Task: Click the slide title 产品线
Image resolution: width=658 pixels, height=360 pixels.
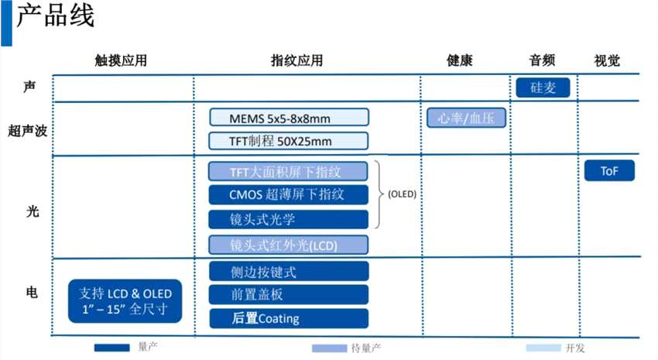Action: point(56,17)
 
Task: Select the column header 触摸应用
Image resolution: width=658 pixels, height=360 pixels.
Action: point(121,60)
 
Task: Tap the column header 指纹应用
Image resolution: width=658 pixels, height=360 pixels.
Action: point(297,60)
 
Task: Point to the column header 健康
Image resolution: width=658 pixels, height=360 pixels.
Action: point(459,60)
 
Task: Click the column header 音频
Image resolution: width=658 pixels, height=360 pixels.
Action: point(542,60)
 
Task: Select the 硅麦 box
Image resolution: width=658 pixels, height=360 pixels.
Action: point(543,87)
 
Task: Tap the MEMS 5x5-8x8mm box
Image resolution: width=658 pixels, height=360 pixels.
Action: point(289,118)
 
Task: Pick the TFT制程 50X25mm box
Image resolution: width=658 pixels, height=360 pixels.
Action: point(289,141)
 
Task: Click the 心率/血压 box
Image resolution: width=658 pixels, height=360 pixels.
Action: point(466,118)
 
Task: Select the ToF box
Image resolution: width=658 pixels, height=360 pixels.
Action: point(609,171)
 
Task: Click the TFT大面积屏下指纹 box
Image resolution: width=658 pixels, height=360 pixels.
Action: point(289,171)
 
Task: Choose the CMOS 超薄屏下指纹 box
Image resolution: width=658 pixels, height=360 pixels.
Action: point(289,194)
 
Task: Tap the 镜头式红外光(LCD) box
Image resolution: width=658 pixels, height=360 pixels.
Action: point(289,245)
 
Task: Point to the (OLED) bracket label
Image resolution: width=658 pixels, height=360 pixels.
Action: point(402,194)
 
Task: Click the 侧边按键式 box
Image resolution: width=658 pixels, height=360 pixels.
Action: point(289,272)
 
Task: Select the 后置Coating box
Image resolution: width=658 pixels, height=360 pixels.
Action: point(289,318)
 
